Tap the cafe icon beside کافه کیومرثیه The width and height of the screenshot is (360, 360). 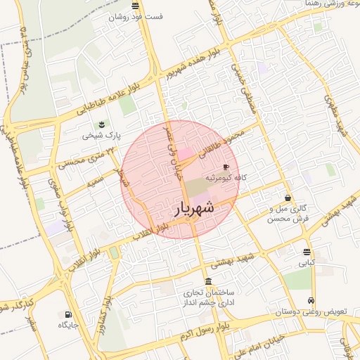click(225, 167)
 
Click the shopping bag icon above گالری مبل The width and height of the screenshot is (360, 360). click(288, 198)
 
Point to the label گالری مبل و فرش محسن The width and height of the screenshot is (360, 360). click(289, 214)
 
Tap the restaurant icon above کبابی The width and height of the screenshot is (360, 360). click(307, 252)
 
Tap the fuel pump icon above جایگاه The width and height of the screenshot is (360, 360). click(68, 314)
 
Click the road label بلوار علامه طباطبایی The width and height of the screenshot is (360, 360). click(100, 98)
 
